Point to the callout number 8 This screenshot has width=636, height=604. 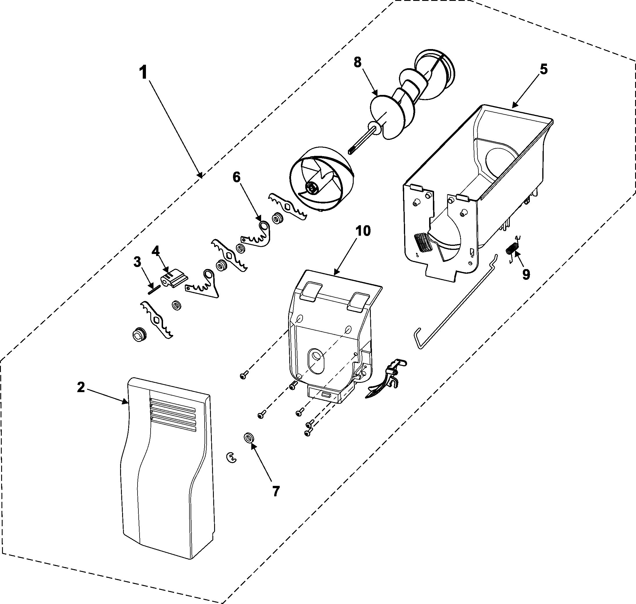point(357,62)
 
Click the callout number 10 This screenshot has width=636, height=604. point(363,231)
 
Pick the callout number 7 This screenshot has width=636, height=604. point(276,491)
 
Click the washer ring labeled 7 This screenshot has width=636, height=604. point(248,438)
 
